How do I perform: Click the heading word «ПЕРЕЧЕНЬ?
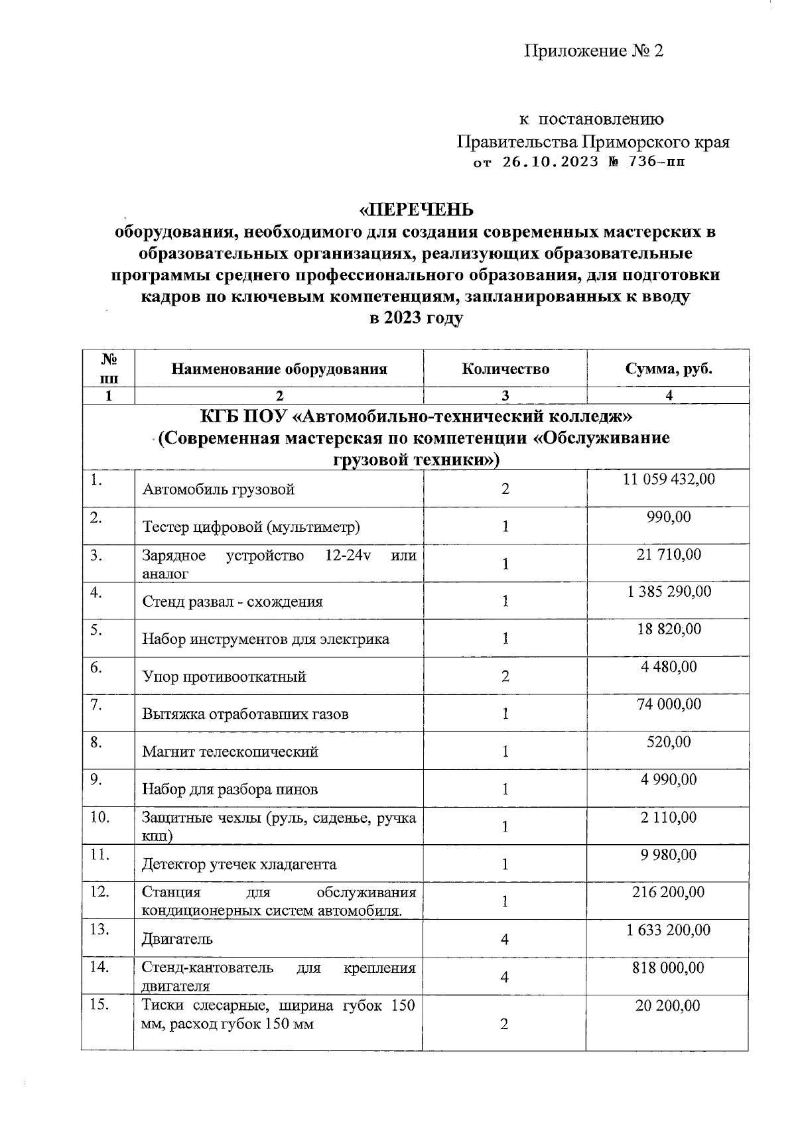(x=417, y=210)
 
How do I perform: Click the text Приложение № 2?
(x=594, y=51)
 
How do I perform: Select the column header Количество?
(x=505, y=369)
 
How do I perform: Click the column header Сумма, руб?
(x=669, y=369)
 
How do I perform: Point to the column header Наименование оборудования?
(x=279, y=369)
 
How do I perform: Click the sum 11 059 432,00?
(x=669, y=479)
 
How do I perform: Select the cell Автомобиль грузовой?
(x=218, y=489)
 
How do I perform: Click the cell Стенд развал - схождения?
(x=232, y=601)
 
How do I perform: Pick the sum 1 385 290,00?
(x=669, y=591)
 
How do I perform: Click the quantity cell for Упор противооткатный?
(x=505, y=676)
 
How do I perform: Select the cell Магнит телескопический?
(x=230, y=751)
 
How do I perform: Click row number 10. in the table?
(x=99, y=817)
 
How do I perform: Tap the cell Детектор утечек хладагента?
(x=239, y=864)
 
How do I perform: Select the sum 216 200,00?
(x=669, y=892)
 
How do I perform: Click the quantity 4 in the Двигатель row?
(x=505, y=939)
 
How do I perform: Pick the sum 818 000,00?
(x=669, y=968)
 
